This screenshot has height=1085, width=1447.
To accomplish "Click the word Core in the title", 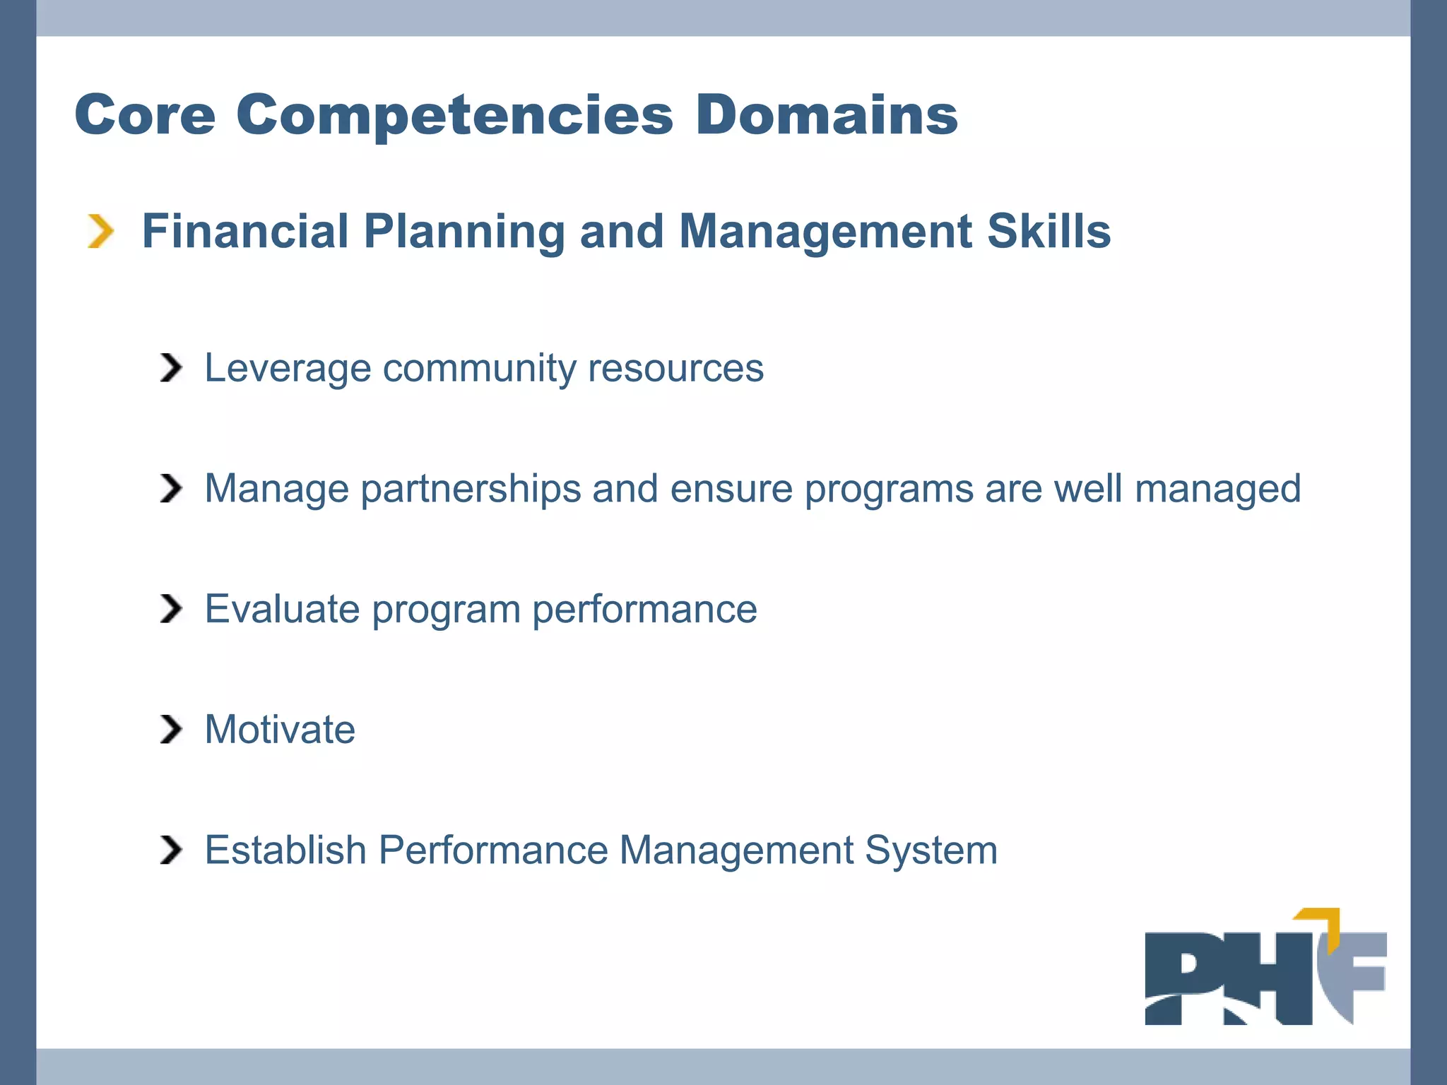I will (x=145, y=115).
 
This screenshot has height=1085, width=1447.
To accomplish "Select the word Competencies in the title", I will (x=454, y=115).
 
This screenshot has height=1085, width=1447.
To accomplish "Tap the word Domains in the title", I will (x=826, y=115).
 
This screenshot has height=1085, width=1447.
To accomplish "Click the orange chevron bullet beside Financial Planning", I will (x=100, y=232).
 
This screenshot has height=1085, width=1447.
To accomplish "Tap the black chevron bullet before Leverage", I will (x=170, y=368).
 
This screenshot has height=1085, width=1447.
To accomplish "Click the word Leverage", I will (x=288, y=368).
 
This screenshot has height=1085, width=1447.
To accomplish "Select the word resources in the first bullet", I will (x=675, y=368).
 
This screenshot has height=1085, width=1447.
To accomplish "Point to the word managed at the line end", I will (x=1217, y=489).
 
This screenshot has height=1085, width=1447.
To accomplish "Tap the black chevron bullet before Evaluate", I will (x=170, y=609).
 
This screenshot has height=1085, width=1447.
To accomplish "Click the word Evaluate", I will (x=282, y=609).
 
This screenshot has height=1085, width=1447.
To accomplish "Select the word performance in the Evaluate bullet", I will (x=644, y=609).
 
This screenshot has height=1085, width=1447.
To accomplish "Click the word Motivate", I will (x=280, y=729).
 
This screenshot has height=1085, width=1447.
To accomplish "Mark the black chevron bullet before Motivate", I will (x=170, y=730).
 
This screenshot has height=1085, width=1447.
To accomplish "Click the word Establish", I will (x=285, y=850).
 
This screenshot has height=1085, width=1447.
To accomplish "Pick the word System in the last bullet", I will (x=931, y=850).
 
